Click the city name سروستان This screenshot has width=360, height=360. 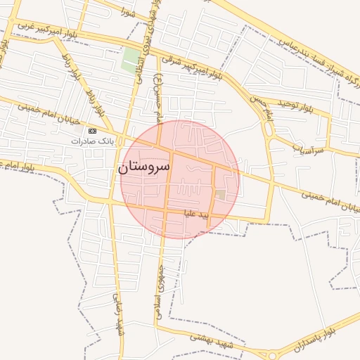pos(146,168)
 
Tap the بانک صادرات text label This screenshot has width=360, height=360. pos(91,141)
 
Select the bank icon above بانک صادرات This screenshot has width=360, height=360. pos(92,131)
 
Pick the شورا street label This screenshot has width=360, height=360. pos(127,13)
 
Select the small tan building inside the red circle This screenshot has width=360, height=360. pos(220,194)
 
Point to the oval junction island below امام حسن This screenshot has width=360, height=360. pos(268,129)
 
